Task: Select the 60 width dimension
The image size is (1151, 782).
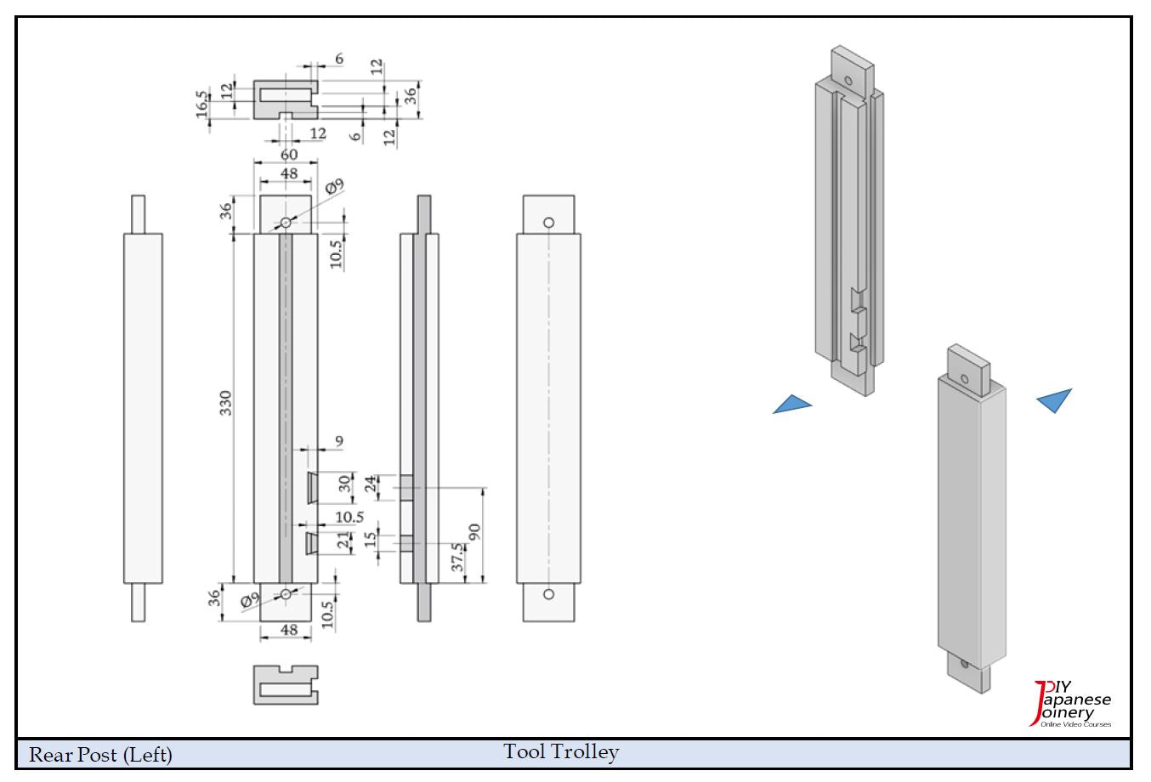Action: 289,155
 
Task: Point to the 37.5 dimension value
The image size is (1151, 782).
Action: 457,558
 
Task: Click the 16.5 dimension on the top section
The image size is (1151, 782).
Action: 201,105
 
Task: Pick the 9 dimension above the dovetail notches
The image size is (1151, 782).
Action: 339,441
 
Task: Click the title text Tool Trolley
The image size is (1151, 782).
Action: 561,751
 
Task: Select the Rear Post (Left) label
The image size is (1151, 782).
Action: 101,754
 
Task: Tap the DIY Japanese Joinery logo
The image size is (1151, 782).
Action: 1072,704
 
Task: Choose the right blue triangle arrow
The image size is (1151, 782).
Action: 1055,399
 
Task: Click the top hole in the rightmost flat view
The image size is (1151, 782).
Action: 548,223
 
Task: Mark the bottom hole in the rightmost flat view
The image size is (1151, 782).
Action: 548,593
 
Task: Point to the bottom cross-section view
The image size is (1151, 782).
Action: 286,684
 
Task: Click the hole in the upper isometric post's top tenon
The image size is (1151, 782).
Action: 848,81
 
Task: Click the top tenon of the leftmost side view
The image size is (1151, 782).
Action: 139,213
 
